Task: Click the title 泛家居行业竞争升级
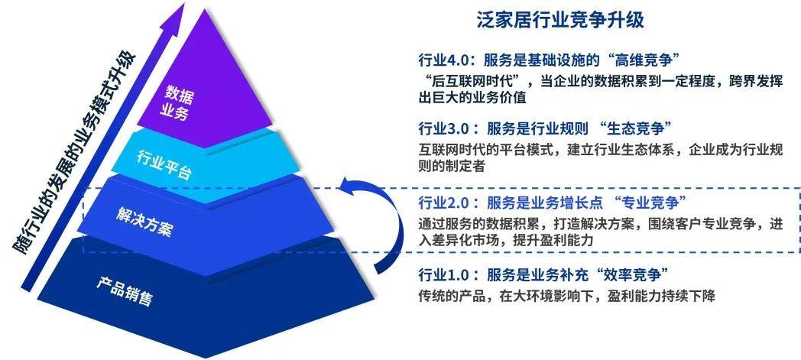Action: (x=560, y=21)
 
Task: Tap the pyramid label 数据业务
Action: (x=177, y=102)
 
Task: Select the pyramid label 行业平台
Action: (x=164, y=164)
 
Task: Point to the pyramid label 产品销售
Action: (x=124, y=291)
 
